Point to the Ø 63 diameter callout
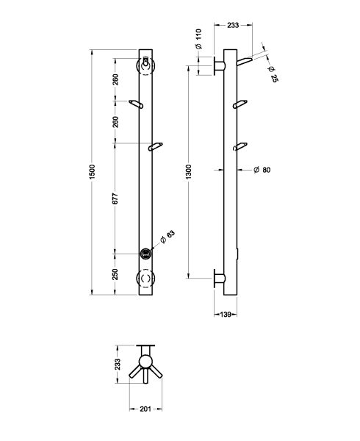pos(168,237)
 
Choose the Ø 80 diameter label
pos(262,170)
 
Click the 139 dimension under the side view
pos(226,314)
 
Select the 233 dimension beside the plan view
pos(118,364)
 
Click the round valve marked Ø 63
pos(147,254)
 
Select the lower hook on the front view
pos(156,147)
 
